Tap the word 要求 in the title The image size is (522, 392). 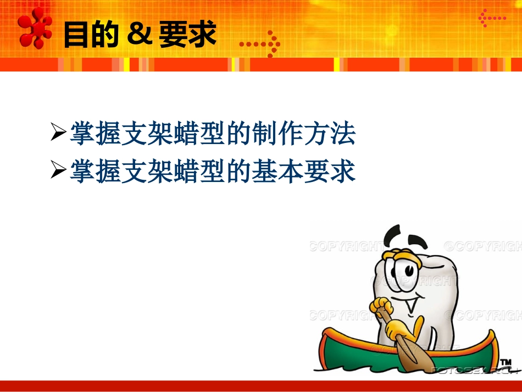(187, 34)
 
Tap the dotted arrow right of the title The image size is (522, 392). (260, 43)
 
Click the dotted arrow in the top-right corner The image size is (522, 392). (492, 18)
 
